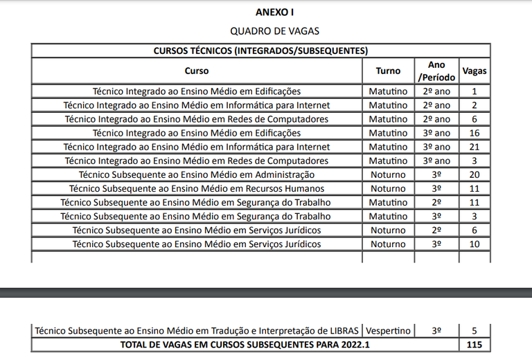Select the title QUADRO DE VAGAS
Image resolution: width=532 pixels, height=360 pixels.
point(274,31)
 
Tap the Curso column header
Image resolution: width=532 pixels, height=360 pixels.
point(197,71)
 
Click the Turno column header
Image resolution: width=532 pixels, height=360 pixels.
point(388,71)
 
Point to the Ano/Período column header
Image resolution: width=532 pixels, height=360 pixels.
point(436,71)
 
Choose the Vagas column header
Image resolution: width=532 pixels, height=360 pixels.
point(475,71)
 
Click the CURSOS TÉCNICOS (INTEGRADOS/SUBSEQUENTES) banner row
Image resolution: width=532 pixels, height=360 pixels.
point(260,51)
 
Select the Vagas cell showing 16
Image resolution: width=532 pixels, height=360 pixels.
point(475,133)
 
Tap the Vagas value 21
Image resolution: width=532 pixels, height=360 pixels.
point(475,147)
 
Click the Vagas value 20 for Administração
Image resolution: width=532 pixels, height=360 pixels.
point(475,174)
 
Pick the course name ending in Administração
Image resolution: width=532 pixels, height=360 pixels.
point(197,174)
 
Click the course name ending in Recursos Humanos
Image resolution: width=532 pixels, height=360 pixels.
point(197,188)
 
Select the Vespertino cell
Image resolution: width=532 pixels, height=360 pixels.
point(388,331)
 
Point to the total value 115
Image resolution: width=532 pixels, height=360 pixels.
point(475,345)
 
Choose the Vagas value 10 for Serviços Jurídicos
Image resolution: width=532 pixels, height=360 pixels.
point(475,244)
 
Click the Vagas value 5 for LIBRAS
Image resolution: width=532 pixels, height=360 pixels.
point(475,331)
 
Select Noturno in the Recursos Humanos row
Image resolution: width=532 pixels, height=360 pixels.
point(388,188)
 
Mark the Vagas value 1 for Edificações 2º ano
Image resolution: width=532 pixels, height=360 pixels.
point(475,91)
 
